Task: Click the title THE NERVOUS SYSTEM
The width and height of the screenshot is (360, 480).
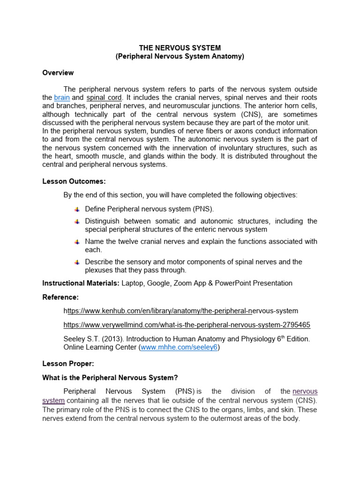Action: [x=180, y=48]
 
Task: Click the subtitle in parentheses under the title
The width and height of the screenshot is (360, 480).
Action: [x=180, y=57]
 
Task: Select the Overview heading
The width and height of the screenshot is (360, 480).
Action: [x=58, y=73]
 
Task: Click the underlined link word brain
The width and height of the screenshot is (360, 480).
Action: [x=62, y=97]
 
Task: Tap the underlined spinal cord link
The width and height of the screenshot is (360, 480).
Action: [x=104, y=97]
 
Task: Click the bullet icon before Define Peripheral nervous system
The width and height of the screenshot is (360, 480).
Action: [x=77, y=209]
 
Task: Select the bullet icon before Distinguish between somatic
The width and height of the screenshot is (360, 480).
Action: [x=77, y=221]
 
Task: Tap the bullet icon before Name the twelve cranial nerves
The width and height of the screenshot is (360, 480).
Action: [x=77, y=242]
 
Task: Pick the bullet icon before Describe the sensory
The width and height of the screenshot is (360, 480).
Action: [x=77, y=262]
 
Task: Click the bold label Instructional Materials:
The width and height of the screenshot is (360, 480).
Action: [x=81, y=283]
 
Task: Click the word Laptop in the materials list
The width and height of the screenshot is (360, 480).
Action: [x=134, y=283]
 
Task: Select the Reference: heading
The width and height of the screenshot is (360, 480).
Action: [x=60, y=297]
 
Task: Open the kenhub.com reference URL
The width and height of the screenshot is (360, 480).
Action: [x=180, y=311]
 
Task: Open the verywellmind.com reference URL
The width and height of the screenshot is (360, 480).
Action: [x=187, y=325]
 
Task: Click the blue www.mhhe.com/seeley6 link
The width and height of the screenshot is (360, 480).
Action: [x=179, y=348]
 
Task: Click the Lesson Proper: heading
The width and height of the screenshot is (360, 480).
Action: [x=68, y=363]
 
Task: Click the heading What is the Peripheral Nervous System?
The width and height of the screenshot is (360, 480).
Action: [x=110, y=377]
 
